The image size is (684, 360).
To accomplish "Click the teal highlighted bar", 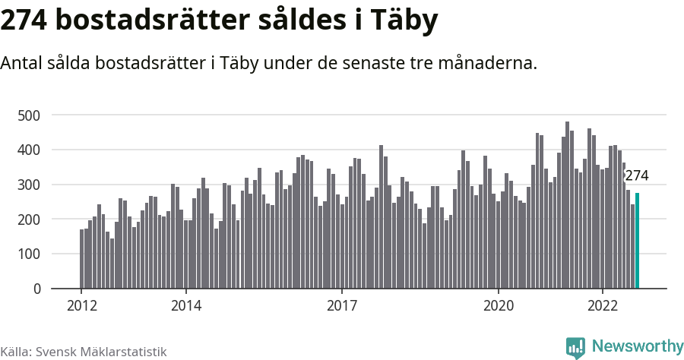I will pyautogui.click(x=638, y=241).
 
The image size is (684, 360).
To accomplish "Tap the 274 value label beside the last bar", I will pyautogui.click(x=637, y=176).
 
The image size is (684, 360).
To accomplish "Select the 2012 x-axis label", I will pyautogui.click(x=81, y=306).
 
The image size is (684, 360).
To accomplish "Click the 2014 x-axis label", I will pyautogui.click(x=186, y=306).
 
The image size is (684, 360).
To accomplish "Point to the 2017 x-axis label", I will pyautogui.click(x=342, y=306).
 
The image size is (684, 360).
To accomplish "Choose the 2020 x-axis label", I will pyautogui.click(x=499, y=306).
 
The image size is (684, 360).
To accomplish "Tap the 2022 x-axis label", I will pyautogui.click(x=603, y=306).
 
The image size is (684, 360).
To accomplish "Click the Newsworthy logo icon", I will pyautogui.click(x=575, y=348).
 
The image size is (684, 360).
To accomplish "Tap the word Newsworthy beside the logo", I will pyautogui.click(x=638, y=347).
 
